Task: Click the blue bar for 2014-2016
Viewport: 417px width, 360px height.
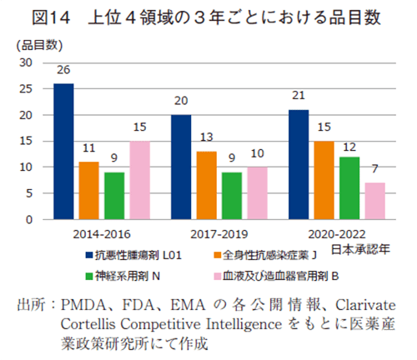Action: pyautogui.click(x=63, y=151)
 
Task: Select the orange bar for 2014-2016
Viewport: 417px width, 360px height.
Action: pyautogui.click(x=88, y=190)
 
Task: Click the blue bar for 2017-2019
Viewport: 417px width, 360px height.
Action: pyautogui.click(x=181, y=167)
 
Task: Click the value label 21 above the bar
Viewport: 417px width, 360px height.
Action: pyautogui.click(x=298, y=97)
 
